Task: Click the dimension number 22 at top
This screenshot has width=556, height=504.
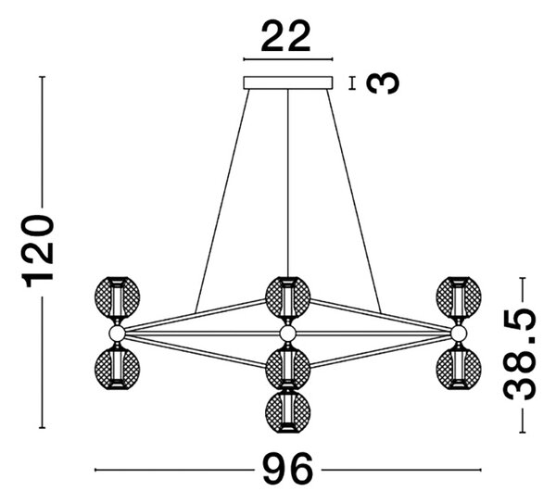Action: [x=285, y=36]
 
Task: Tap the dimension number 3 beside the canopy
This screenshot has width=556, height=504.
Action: [x=382, y=83]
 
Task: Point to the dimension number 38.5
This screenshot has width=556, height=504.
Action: [x=520, y=355]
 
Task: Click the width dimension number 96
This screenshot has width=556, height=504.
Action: [x=288, y=470]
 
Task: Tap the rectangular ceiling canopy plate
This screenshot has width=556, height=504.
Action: [x=288, y=82]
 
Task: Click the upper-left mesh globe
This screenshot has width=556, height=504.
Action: [x=117, y=297]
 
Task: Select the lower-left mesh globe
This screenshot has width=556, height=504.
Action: [x=117, y=368]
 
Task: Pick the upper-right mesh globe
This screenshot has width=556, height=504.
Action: [x=459, y=297]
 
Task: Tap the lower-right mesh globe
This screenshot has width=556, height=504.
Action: [x=459, y=368]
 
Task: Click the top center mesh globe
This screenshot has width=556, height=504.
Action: [x=288, y=297]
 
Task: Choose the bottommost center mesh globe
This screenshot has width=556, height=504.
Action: [x=288, y=411]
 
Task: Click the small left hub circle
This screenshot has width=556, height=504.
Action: [x=117, y=334]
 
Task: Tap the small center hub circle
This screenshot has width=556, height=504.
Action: [x=287, y=334]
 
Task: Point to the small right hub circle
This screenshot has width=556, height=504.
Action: [x=459, y=334]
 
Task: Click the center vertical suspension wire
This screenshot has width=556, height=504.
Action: [x=288, y=183]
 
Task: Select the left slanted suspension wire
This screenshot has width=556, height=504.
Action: [x=222, y=201]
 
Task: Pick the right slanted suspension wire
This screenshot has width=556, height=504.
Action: [x=354, y=201]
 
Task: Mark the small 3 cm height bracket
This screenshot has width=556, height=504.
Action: [x=352, y=83]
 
